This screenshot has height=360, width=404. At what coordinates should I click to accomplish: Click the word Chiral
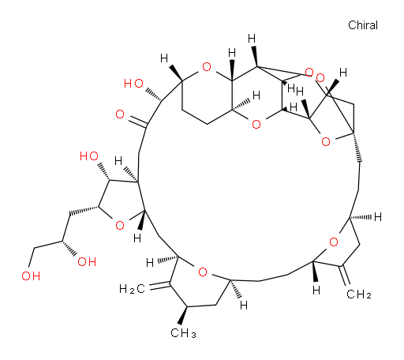click(x=363, y=25)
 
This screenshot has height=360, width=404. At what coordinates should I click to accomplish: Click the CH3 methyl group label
click(x=183, y=333)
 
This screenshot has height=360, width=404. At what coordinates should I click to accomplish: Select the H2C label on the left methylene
click(x=132, y=289)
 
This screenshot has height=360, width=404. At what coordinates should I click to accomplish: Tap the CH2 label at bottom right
click(x=359, y=294)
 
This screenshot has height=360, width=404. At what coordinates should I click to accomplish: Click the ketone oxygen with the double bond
click(x=120, y=114)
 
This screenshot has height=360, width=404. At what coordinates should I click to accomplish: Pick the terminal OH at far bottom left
click(x=31, y=276)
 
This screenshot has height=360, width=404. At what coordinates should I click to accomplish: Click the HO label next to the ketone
click(x=133, y=84)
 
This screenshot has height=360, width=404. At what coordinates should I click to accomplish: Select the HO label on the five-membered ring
click(x=89, y=156)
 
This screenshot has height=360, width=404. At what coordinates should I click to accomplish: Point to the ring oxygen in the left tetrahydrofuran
click(x=120, y=225)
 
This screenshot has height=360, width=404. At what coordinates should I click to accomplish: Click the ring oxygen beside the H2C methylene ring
click(x=203, y=272)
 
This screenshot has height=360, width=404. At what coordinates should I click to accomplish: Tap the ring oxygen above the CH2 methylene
click(x=334, y=242)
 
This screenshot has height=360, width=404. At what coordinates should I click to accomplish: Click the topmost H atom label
click(x=252, y=39)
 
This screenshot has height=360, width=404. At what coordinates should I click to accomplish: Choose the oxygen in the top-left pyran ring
click(x=207, y=67)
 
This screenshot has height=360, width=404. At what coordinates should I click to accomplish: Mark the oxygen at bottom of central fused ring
click(x=256, y=124)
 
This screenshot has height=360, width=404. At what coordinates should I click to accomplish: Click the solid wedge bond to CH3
click(x=183, y=316)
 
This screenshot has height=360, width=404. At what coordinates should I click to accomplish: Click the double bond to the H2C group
click(x=159, y=286)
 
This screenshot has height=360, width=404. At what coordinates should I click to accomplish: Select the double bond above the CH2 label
click(x=345, y=276)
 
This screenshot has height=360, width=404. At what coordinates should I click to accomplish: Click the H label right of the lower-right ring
click(x=378, y=217)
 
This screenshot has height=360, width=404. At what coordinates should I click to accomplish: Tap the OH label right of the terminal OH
click(x=87, y=262)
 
